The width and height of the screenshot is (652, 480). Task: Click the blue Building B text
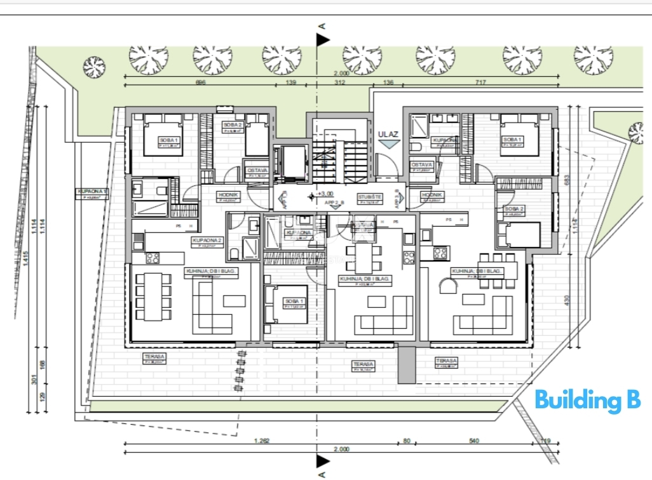[x=587, y=401]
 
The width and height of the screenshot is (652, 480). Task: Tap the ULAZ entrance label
[x=388, y=134]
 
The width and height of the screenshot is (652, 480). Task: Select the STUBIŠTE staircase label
[x=369, y=197]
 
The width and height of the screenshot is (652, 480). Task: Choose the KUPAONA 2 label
[x=207, y=240]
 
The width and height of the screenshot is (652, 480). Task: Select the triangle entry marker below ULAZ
[x=386, y=145]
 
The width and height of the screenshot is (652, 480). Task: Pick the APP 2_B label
[x=334, y=203]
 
